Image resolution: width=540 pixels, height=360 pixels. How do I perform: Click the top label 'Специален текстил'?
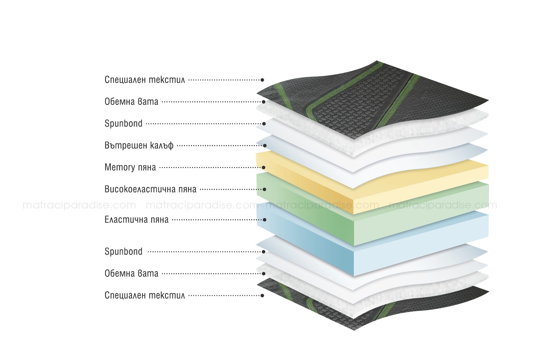click(x=145, y=80)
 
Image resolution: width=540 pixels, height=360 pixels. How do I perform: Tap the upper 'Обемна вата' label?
click(x=131, y=102)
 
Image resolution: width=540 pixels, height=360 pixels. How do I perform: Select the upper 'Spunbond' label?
click(x=124, y=123)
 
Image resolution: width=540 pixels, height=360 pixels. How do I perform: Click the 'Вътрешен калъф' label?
click(x=139, y=145)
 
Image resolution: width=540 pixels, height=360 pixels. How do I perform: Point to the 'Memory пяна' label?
click(x=130, y=167)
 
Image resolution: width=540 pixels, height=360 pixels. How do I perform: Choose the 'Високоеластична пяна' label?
click(x=151, y=189)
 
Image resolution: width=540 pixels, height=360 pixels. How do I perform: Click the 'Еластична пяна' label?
click(x=136, y=220)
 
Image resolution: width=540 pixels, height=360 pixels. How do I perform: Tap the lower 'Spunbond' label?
click(x=124, y=252)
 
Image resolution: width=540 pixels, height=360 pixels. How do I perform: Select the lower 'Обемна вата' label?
click(x=131, y=274)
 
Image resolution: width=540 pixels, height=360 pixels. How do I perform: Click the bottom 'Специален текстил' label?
click(x=145, y=296)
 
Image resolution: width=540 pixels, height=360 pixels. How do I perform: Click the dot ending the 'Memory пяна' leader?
click(x=264, y=167)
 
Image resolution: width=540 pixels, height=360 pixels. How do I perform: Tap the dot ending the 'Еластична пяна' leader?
click(x=265, y=220)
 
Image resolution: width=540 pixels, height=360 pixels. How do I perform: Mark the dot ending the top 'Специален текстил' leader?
click(x=262, y=80)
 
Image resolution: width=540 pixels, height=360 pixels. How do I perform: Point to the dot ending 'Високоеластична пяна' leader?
click(x=265, y=189)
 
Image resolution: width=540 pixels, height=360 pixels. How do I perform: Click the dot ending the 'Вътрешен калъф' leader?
click(x=265, y=145)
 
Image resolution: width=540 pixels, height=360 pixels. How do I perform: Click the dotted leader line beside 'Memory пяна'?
click(x=211, y=167)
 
